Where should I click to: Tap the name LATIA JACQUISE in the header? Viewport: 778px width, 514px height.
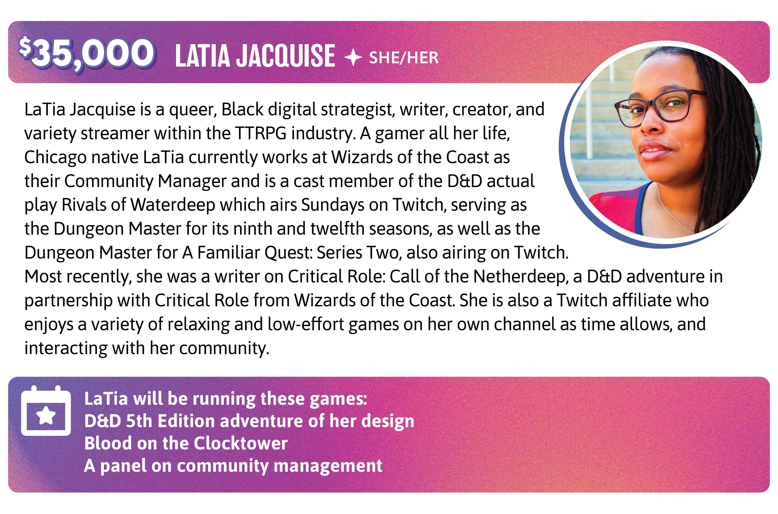point(255,56)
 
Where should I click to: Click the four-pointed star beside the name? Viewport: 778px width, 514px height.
point(353,58)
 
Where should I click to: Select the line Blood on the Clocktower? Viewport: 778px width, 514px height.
point(186,443)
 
